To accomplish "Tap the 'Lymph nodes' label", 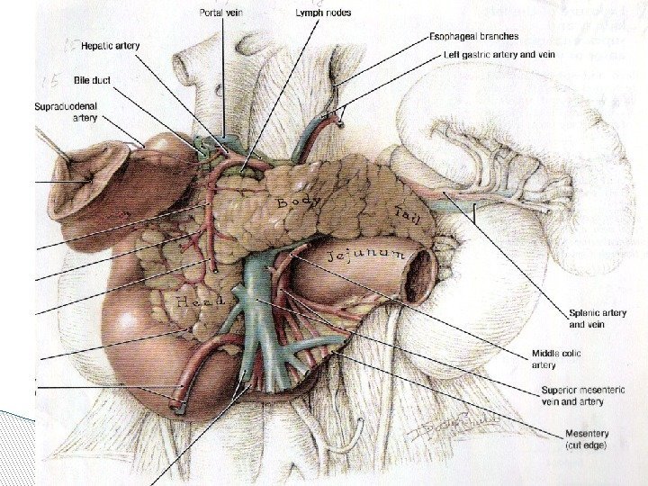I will click(x=323, y=13).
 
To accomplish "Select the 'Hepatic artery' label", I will click(x=110, y=45).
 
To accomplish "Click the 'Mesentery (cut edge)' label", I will click(x=585, y=438).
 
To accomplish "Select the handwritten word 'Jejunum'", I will click(x=368, y=257).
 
